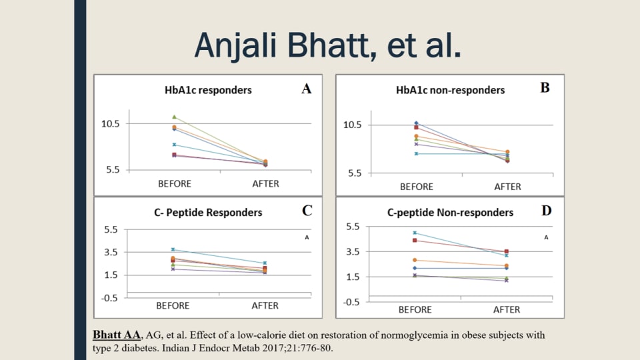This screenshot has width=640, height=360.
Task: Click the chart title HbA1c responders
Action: pyautogui.click(x=208, y=89)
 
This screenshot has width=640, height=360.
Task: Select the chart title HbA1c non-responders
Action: pyautogui.click(x=450, y=89)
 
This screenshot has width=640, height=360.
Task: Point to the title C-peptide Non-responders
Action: pyautogui.click(x=450, y=213)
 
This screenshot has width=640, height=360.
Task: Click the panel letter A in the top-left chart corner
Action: pyautogui.click(x=307, y=89)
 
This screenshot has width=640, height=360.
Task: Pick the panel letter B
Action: pyautogui.click(x=545, y=87)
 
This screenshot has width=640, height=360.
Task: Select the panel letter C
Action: pyautogui.click(x=307, y=211)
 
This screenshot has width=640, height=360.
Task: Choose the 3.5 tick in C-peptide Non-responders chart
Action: pyautogui.click(x=351, y=252)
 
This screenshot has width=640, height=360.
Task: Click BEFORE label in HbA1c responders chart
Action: pyautogui.click(x=174, y=184)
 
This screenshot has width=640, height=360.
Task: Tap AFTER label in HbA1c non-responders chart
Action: pyautogui.click(x=507, y=187)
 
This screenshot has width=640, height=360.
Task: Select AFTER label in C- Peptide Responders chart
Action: pyautogui.click(x=265, y=306)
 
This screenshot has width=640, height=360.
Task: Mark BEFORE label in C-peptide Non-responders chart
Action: pyautogui.click(x=415, y=310)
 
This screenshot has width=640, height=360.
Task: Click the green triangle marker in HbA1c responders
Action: pyautogui.click(x=174, y=117)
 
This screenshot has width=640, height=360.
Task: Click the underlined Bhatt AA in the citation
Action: pyautogui.click(x=116, y=335)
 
